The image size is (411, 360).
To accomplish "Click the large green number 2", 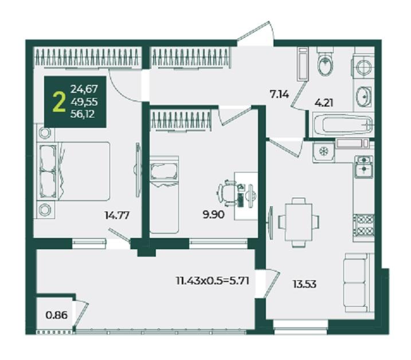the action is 58,103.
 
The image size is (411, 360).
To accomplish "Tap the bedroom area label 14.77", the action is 117,216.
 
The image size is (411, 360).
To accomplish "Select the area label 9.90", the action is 213,215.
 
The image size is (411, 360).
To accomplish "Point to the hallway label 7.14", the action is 279,93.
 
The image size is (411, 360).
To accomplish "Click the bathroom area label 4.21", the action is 324,103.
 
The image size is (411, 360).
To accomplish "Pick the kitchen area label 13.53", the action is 305,284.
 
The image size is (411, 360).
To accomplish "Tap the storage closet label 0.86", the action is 57,315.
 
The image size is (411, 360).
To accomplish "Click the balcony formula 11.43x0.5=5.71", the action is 213,281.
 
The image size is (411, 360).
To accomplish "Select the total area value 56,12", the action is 83,114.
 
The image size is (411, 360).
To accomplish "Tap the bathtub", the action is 342,124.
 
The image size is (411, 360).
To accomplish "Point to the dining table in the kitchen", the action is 299,222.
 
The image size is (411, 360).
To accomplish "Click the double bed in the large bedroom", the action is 73,171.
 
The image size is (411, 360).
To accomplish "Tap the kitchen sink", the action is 364,166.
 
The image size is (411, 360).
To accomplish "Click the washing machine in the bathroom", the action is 363,68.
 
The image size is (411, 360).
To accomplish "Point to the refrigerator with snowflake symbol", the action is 323,152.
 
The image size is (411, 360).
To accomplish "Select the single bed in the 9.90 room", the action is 165,194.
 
